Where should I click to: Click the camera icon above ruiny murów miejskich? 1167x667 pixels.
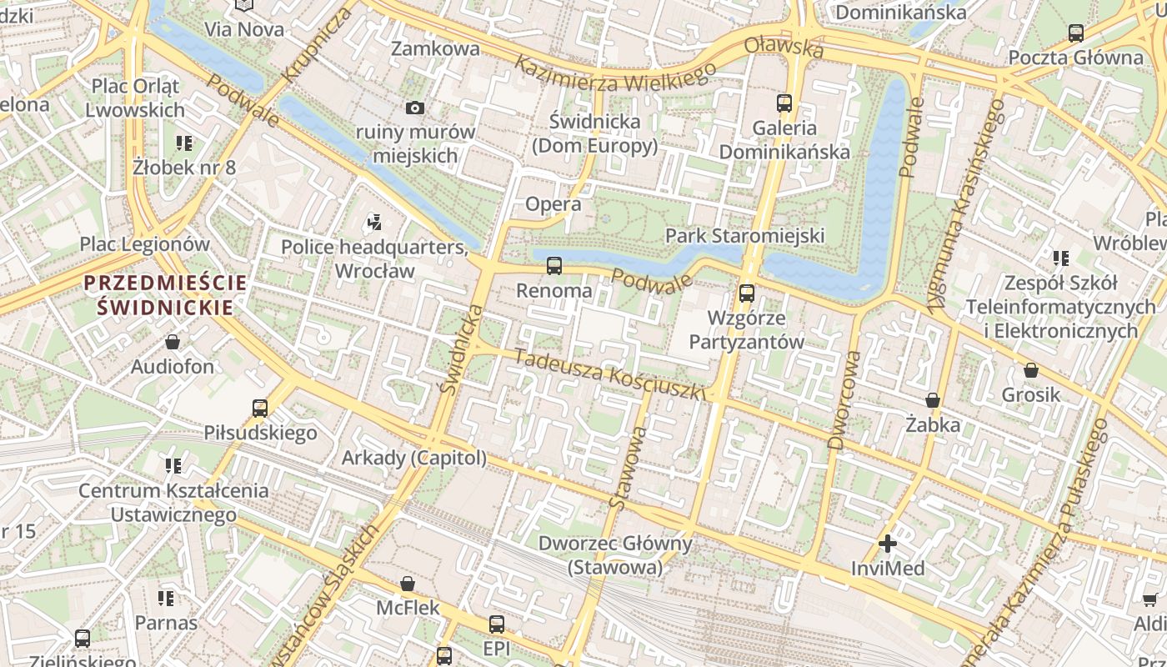click(414, 108)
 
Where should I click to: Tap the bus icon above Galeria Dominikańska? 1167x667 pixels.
click(784, 103)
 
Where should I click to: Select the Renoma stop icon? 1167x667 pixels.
click(553, 266)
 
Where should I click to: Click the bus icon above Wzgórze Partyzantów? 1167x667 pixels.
click(746, 293)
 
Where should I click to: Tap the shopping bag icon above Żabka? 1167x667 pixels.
click(932, 401)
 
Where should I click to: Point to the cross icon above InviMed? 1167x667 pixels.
click(888, 544)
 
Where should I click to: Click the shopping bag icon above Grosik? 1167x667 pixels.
click(1030, 370)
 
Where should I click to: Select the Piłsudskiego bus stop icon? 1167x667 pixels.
click(260, 409)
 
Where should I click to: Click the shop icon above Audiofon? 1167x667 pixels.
click(172, 342)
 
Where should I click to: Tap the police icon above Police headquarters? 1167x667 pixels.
click(374, 223)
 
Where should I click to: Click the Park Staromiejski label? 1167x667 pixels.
click(744, 236)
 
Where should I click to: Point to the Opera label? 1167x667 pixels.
click(553, 204)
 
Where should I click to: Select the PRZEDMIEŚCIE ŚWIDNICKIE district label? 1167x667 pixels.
click(165, 294)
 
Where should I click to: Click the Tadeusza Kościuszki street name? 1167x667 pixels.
click(609, 374)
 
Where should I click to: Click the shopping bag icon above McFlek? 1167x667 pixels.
click(407, 584)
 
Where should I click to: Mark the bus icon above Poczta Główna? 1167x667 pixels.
click(1075, 33)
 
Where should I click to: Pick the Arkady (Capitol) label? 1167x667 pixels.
click(413, 458)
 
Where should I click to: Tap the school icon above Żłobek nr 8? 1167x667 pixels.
click(184, 143)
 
